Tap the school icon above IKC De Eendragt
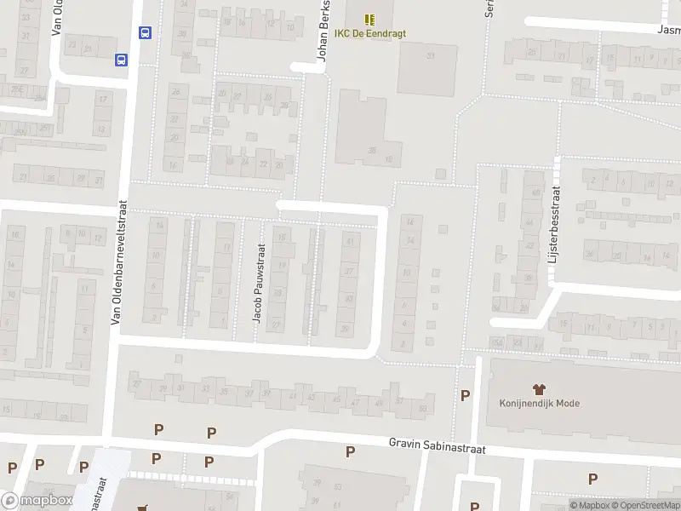(369, 19)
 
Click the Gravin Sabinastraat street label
(437, 445)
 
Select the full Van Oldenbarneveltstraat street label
(119, 262)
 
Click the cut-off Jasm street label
(669, 28)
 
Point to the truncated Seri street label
(489, 9)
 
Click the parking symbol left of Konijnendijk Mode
(465, 395)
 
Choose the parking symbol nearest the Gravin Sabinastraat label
(350, 451)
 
